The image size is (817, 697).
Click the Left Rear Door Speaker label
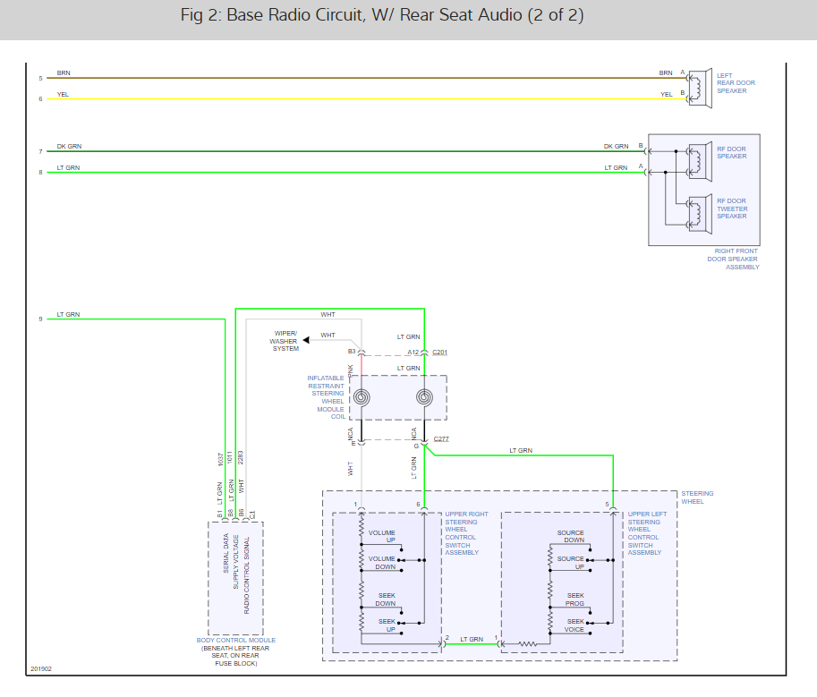point(736,83)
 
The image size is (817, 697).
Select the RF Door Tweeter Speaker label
point(731,208)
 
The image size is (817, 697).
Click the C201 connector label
point(439,353)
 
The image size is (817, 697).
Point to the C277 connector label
point(440,439)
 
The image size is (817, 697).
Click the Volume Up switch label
point(382,536)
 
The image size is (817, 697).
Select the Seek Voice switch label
point(574,625)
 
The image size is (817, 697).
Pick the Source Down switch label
point(570,536)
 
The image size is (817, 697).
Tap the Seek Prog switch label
point(574,599)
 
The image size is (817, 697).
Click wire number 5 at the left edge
point(40,79)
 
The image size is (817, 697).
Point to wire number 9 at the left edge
point(40,319)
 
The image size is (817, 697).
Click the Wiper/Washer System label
point(285,341)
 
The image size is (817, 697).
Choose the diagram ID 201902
point(40,669)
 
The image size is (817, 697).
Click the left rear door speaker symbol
point(699,89)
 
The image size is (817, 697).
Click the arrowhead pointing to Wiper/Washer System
point(306,340)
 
